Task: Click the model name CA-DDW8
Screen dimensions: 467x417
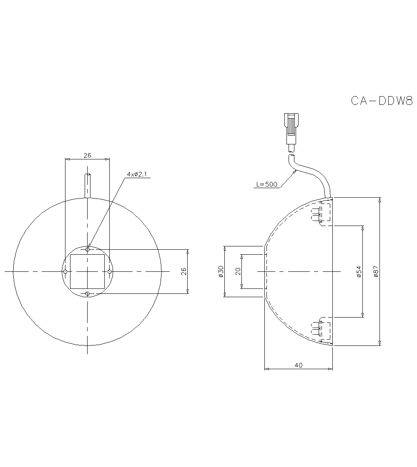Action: pos(381,101)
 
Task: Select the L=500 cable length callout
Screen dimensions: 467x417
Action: pos(266,184)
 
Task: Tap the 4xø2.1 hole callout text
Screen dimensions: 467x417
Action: pos(137,174)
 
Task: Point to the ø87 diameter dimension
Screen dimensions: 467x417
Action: pos(376,272)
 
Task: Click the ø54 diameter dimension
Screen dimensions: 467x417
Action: pos(359,272)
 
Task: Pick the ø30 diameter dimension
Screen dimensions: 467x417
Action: pos(221,271)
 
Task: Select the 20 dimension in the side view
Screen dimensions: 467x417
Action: pos(238,271)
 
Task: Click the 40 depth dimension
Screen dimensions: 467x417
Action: pos(299,365)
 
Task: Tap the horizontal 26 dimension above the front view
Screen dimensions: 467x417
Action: pos(87,155)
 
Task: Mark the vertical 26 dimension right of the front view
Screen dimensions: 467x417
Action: pos(184,271)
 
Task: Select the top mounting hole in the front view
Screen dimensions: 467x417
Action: pos(87,249)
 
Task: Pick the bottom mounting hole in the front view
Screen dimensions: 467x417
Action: pos(87,294)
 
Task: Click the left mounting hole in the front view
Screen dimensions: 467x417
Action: pos(65,271)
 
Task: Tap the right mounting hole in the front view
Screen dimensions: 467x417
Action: pos(109,271)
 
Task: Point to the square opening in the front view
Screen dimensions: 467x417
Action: pos(87,271)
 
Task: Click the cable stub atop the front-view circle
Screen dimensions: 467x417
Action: pos(87,185)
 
